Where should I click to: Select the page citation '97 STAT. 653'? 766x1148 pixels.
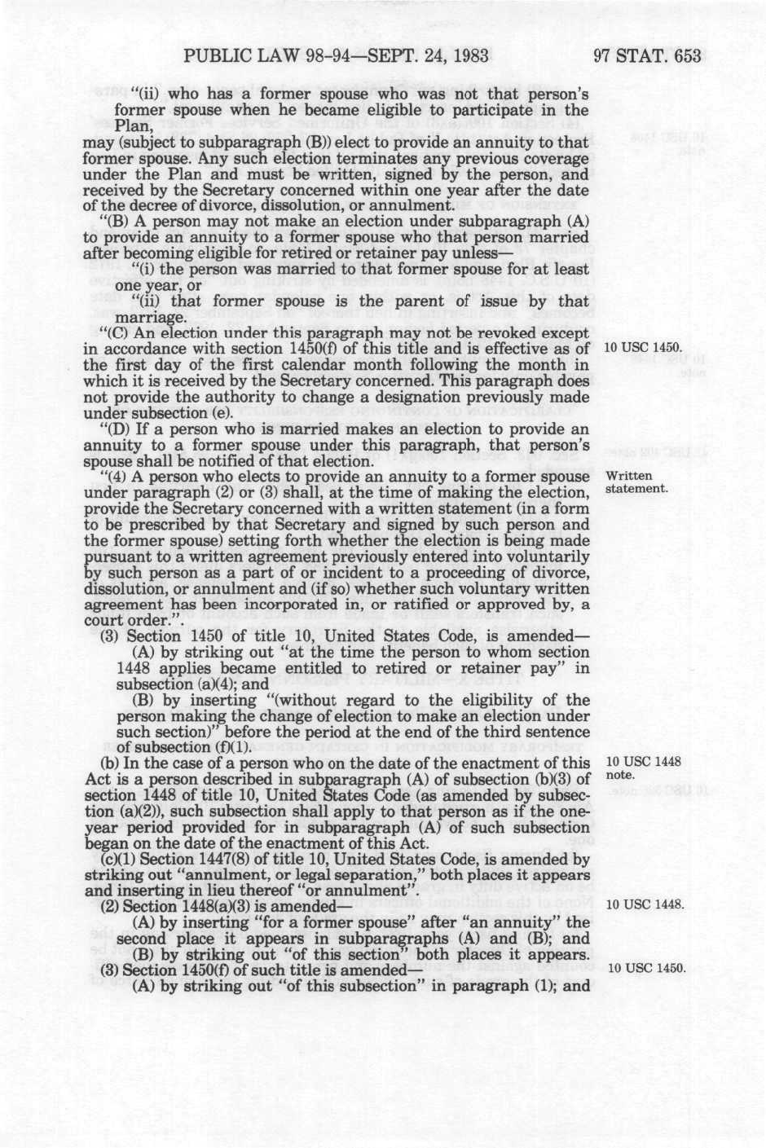[x=648, y=55]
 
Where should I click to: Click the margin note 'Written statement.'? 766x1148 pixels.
[x=637, y=482]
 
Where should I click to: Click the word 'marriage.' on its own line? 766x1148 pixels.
[x=147, y=317]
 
